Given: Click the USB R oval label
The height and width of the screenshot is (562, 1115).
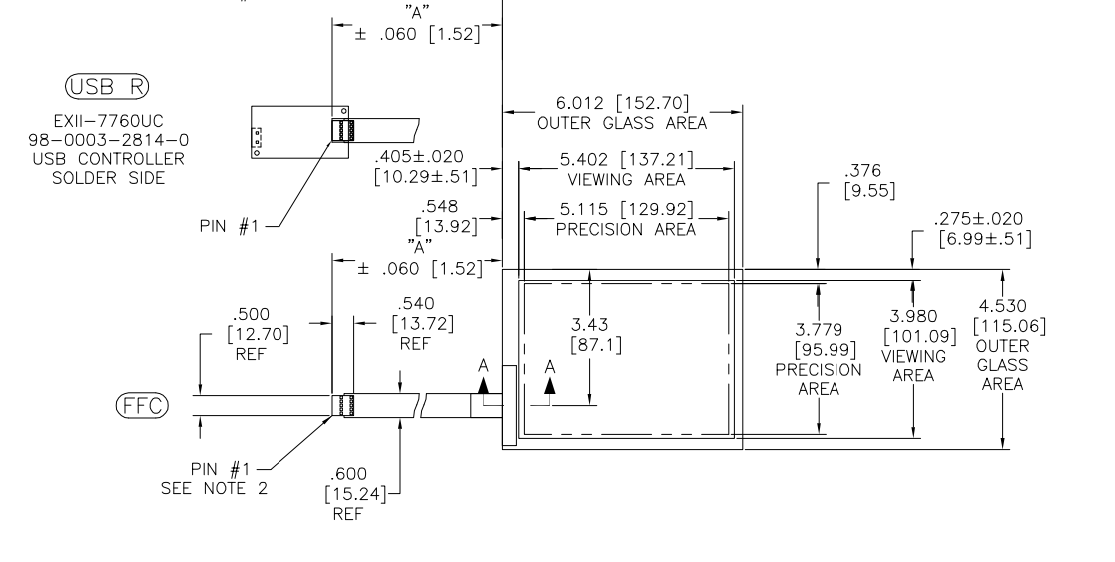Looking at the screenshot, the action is pyautogui.click(x=108, y=86).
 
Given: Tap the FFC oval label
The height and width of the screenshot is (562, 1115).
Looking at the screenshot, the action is pyautogui.click(x=142, y=405).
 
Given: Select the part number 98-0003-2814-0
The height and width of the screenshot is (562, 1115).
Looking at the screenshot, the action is pyautogui.click(x=108, y=140).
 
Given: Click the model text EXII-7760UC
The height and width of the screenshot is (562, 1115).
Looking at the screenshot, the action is pyautogui.click(x=108, y=121).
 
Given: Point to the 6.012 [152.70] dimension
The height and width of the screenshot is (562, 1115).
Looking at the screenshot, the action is pyautogui.click(x=622, y=103).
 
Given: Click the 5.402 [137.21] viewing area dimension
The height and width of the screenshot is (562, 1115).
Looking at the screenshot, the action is pyautogui.click(x=626, y=159).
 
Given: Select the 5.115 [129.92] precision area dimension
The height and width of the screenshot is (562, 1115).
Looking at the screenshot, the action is pyautogui.click(x=626, y=210).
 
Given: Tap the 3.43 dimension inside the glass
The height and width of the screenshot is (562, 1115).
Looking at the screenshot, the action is pyautogui.click(x=590, y=325).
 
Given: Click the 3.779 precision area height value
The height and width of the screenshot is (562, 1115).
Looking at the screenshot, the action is pyautogui.click(x=819, y=330).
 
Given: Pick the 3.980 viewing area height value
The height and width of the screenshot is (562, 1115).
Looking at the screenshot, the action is pyautogui.click(x=913, y=316).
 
